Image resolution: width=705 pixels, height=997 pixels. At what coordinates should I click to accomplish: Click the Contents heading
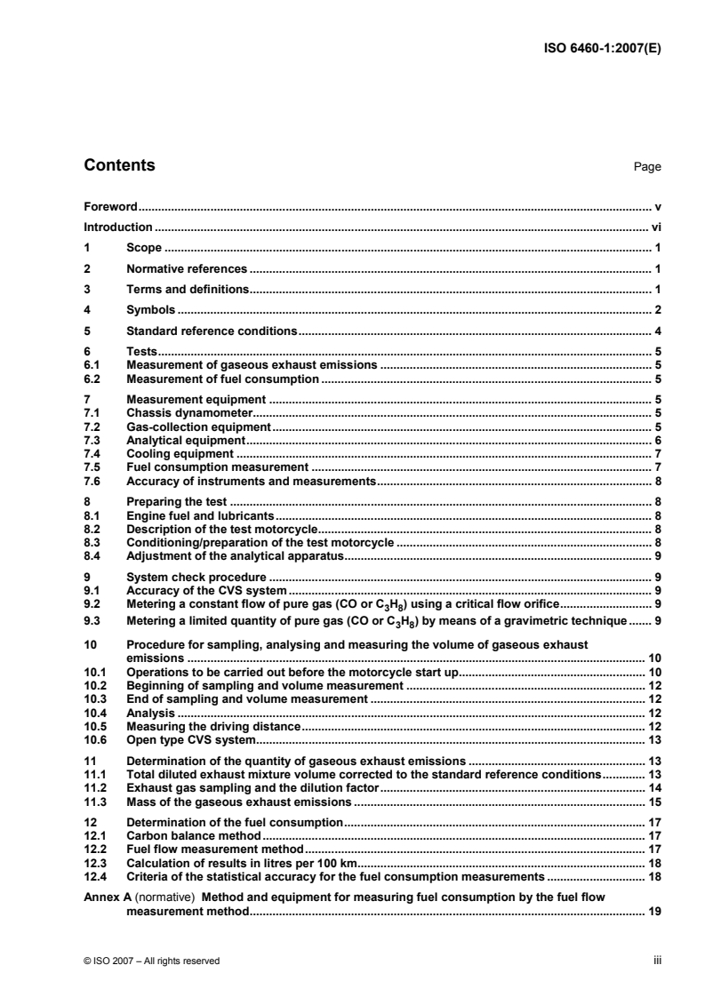[x=118, y=165]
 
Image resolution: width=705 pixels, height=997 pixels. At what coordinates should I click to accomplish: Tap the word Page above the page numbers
[x=646, y=167]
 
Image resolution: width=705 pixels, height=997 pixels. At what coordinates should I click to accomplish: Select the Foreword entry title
[x=109, y=206]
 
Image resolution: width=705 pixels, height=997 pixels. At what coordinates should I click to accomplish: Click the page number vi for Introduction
[x=656, y=227]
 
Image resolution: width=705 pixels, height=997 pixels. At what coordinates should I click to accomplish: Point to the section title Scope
[x=144, y=248]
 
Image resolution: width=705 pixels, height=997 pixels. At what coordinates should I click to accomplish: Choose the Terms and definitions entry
[x=188, y=289]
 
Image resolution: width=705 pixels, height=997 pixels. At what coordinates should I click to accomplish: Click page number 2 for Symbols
[x=656, y=309]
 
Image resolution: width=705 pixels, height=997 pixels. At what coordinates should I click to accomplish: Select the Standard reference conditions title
[x=212, y=331]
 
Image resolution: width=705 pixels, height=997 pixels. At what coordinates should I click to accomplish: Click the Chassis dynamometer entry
[x=190, y=412]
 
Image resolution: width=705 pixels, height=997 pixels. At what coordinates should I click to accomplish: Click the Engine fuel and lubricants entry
[x=202, y=514]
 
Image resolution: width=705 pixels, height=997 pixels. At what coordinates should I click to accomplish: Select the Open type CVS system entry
[x=191, y=739]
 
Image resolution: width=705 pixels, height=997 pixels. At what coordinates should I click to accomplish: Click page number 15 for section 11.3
[x=653, y=802]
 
